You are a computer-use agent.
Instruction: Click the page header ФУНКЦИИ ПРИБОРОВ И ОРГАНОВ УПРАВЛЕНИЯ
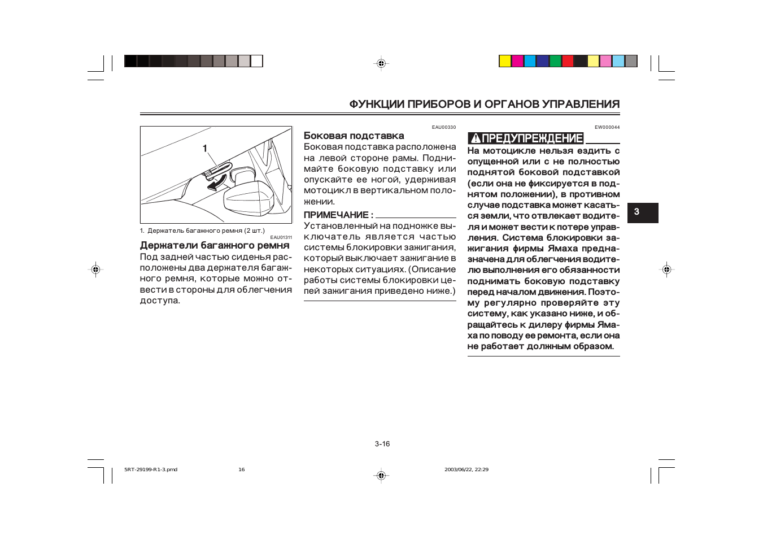click(x=484, y=104)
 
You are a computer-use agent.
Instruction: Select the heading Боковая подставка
click(x=354, y=136)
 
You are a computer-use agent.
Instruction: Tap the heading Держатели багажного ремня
click(x=215, y=245)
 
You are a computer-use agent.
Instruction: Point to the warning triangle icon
click(x=476, y=138)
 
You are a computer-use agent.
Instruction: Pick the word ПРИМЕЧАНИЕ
click(x=336, y=215)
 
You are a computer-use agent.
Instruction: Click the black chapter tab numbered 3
click(x=643, y=212)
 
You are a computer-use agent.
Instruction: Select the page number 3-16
click(x=382, y=444)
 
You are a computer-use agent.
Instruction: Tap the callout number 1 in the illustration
click(x=205, y=149)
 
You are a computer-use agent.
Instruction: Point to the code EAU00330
click(x=443, y=127)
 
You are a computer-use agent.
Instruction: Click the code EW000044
click(x=607, y=127)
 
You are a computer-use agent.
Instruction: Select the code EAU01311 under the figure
click(x=281, y=237)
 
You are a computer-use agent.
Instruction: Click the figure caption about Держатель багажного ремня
click(x=202, y=231)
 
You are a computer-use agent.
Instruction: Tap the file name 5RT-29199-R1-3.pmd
click(x=151, y=470)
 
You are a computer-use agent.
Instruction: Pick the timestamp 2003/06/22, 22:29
click(x=466, y=470)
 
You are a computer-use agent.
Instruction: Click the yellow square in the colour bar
click(x=505, y=61)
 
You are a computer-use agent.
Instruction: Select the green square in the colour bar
click(x=555, y=61)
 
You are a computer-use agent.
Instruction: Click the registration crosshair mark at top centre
click(x=381, y=63)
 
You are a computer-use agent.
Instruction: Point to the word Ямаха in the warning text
click(x=563, y=249)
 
